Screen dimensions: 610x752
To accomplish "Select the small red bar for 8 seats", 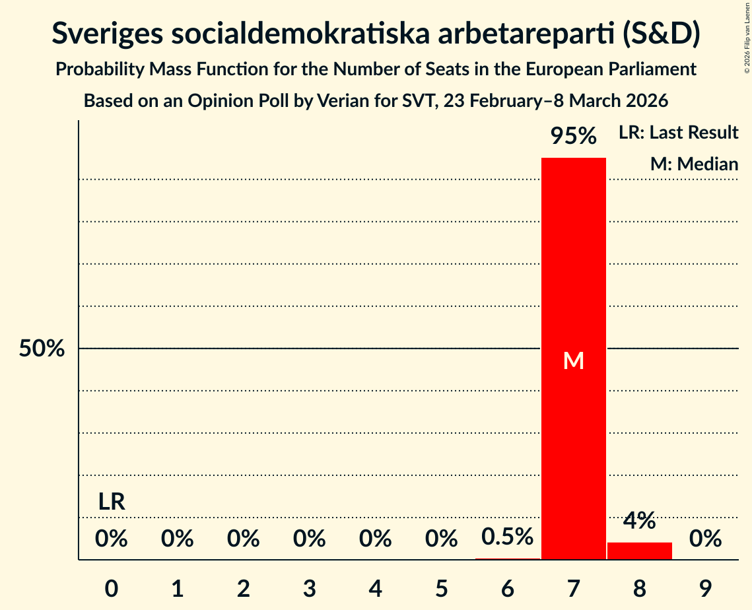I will pyautogui.click(x=639, y=551).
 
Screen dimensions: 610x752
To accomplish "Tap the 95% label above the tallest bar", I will pyautogui.click(x=573, y=137).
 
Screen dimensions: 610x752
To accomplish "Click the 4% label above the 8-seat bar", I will pyautogui.click(x=639, y=521).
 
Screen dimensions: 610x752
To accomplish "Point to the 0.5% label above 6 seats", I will pyautogui.click(x=507, y=537).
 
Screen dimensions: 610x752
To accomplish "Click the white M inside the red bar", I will pyautogui.click(x=573, y=360).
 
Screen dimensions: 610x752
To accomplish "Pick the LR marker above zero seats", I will pyautogui.click(x=112, y=502).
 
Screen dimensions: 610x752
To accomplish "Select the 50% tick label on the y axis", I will pyautogui.click(x=42, y=349).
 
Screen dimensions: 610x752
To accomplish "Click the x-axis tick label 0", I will pyautogui.click(x=112, y=588).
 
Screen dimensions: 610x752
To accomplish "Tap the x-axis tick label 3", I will pyautogui.click(x=309, y=588).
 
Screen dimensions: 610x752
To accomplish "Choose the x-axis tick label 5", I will pyautogui.click(x=441, y=588).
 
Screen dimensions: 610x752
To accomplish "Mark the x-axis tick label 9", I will pyautogui.click(x=705, y=588).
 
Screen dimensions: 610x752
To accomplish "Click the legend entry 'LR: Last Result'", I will pyautogui.click(x=678, y=133).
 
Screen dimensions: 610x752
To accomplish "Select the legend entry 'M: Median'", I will pyautogui.click(x=694, y=164).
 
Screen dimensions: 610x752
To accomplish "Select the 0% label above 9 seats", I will pyautogui.click(x=705, y=539).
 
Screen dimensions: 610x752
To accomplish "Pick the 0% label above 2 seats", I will pyautogui.click(x=243, y=539).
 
